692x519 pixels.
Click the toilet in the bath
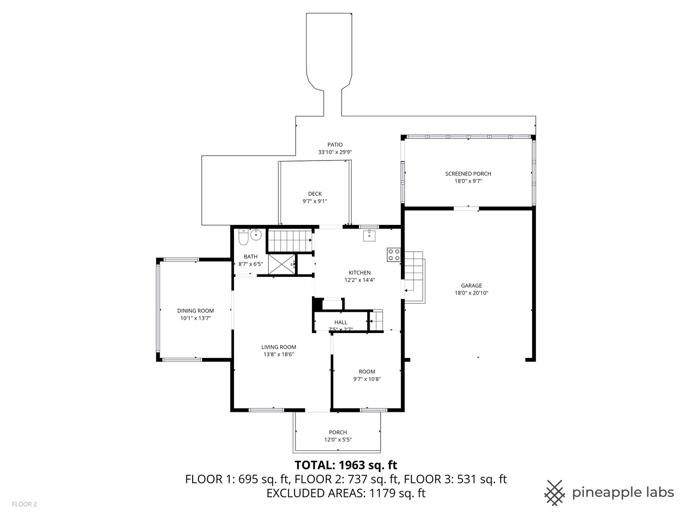tap(243, 237)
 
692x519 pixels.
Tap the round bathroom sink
tap(256, 235)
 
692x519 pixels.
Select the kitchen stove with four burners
tap(394, 255)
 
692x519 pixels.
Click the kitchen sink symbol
tap(369, 235)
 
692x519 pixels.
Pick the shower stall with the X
tap(282, 264)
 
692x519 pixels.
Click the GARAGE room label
tap(471, 285)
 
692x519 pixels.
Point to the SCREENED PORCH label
tap(468, 173)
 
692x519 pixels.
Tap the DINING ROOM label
tap(196, 311)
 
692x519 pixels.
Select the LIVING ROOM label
tap(279, 347)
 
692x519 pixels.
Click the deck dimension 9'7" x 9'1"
tap(315, 201)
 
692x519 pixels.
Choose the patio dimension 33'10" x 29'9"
tap(335, 152)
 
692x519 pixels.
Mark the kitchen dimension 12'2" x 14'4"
tap(360, 280)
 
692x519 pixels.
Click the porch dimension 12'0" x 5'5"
tap(338, 440)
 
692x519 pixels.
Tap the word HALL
tap(341, 322)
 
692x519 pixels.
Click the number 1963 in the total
tap(352, 465)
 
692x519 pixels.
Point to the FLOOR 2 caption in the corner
tap(25, 504)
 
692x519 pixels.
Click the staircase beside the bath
tap(290, 241)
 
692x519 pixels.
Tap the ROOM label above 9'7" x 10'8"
tap(367, 371)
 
